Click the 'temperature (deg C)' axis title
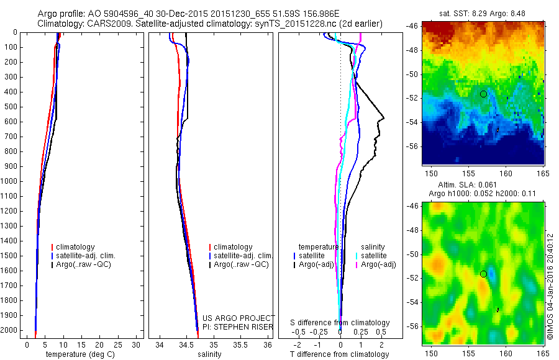[x=78, y=354]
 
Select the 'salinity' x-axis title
[x=210, y=354]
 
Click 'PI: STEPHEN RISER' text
[x=239, y=326]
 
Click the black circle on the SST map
[x=483, y=94]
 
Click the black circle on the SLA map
[x=483, y=274]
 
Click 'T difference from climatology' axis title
[x=340, y=354]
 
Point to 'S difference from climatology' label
[x=340, y=323]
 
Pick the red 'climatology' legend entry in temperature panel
[x=78, y=247]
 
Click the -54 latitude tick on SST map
[x=413, y=122]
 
